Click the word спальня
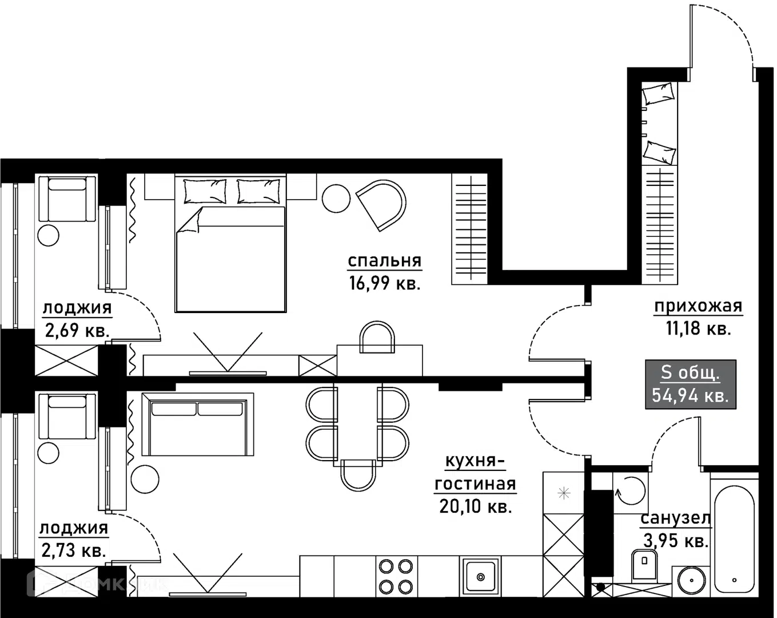click(x=384, y=261)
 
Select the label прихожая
click(x=698, y=307)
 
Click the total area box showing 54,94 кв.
click(x=691, y=384)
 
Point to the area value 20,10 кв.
click(x=475, y=506)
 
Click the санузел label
click(x=675, y=518)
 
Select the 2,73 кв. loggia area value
click(x=74, y=550)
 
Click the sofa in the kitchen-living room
click(x=197, y=424)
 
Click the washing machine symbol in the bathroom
click(x=629, y=490)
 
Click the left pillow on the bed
click(x=204, y=191)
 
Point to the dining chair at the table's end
click(x=358, y=475)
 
